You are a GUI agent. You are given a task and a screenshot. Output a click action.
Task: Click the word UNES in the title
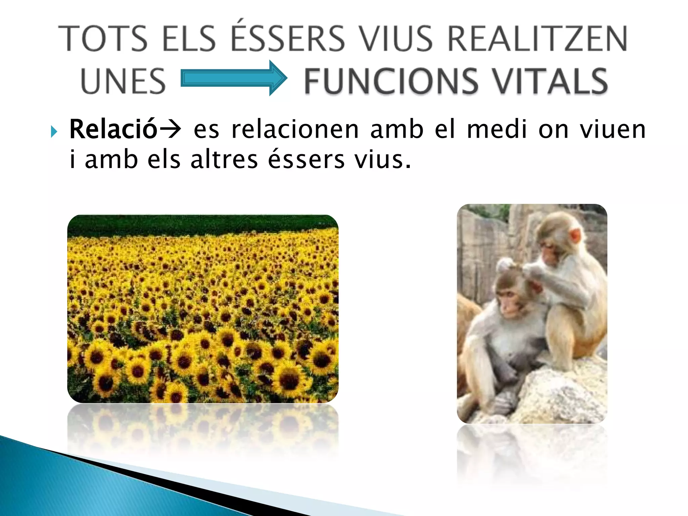click(123, 81)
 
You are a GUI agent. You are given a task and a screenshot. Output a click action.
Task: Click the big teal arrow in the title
click(234, 78)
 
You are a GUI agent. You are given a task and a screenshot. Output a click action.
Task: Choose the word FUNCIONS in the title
click(391, 81)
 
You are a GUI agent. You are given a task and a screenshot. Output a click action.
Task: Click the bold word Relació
click(113, 129)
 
